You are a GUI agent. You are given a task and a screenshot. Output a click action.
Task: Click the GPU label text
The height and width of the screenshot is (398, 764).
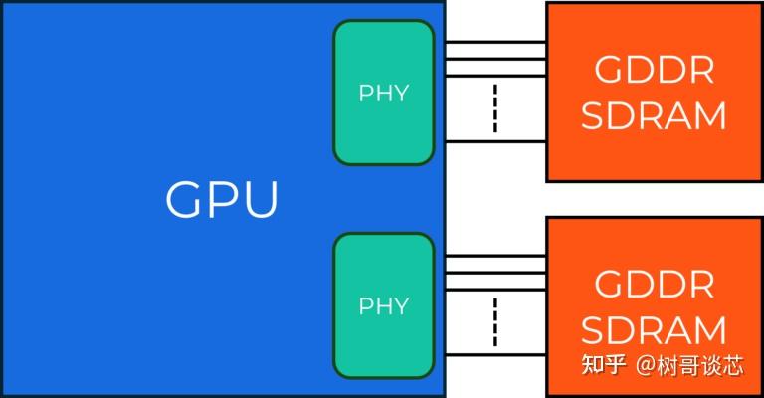222,199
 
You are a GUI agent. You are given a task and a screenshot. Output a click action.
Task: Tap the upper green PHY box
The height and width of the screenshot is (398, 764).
384,93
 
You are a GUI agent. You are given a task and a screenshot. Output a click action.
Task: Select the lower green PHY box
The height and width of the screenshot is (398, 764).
384,305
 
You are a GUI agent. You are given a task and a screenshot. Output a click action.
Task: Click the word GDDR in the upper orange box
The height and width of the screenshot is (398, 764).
655,71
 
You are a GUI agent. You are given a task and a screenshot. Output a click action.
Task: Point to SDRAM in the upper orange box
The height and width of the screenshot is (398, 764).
654,115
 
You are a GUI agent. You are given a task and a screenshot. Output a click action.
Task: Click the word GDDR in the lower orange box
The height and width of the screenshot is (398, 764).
655,284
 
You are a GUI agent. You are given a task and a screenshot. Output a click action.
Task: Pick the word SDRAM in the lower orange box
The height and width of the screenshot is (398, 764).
654,329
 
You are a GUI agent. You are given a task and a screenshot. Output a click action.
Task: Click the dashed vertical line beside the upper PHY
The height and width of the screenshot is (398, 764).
495,108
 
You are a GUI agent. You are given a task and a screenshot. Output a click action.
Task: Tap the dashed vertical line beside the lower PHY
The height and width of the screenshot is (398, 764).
495,322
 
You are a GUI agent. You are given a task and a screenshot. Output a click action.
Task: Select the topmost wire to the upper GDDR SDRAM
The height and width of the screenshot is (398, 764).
496,43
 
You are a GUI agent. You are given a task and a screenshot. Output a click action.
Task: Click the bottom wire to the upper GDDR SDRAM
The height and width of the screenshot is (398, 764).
496,141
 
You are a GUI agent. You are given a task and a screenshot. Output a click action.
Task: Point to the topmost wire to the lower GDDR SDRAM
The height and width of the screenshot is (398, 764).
496,256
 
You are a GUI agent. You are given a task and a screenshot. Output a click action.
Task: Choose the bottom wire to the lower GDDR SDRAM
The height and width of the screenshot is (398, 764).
496,355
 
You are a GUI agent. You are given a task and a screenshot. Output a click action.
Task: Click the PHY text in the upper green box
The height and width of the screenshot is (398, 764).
384,94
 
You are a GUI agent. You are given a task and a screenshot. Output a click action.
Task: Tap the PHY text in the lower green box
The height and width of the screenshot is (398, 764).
384,306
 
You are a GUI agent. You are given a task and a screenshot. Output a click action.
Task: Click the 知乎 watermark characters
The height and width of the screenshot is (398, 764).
603,365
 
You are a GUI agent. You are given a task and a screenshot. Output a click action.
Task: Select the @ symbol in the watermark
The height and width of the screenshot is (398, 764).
645,366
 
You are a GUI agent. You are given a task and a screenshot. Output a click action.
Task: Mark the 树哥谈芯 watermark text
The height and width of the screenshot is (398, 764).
699,365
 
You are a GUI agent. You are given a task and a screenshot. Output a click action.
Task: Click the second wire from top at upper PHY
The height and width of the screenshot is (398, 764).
496,59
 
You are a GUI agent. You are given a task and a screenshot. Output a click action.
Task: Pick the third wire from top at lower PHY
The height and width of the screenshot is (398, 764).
496,289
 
